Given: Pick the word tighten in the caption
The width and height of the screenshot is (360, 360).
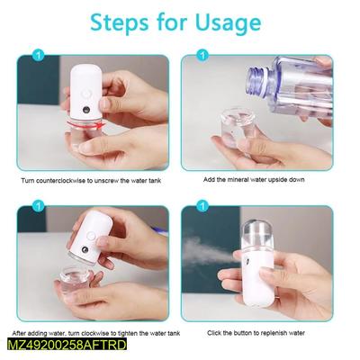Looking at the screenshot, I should pyautogui.click(x=129, y=332).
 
